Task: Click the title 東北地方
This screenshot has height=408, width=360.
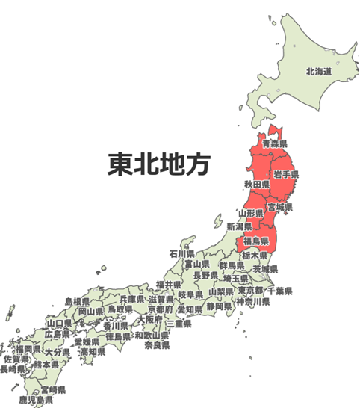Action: pyautogui.click(x=158, y=164)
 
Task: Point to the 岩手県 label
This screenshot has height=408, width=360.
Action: pyautogui.click(x=286, y=174)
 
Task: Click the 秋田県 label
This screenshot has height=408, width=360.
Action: pyautogui.click(x=255, y=184)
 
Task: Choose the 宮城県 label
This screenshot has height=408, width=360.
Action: pyautogui.click(x=280, y=207)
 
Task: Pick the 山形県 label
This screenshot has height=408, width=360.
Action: pyautogui.click(x=252, y=214)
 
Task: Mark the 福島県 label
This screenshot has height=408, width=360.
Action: pyautogui.click(x=257, y=241)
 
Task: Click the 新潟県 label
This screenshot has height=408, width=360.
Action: pyautogui.click(x=239, y=226)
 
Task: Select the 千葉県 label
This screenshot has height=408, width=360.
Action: pyautogui.click(x=279, y=291)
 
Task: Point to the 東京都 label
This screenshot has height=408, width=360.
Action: pyautogui.click(x=250, y=291)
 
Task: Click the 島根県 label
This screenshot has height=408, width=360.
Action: pyautogui.click(x=77, y=302)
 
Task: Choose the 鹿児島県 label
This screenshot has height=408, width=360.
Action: pyautogui.click(x=36, y=401)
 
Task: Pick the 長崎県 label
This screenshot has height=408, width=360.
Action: pyautogui.click(x=14, y=369)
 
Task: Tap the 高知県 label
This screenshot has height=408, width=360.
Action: pyautogui.click(x=93, y=352)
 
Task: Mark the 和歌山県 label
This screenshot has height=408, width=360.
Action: pyautogui.click(x=152, y=336)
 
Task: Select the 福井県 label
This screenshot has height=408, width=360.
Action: pyautogui.click(x=169, y=285)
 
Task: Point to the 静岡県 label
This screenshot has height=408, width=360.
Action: pyautogui.click(x=219, y=306)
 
